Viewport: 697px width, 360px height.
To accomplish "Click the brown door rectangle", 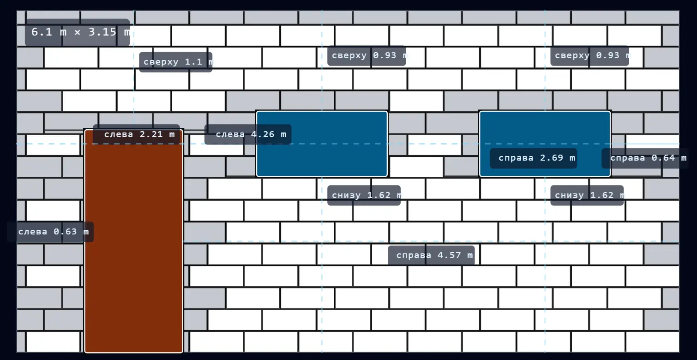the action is click(133, 241).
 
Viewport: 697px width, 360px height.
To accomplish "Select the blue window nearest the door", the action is click(322, 144).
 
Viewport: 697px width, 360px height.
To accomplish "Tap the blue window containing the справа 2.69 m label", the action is click(545, 144).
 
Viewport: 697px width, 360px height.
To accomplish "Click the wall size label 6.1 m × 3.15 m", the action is click(78, 32).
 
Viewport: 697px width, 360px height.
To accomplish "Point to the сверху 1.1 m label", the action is click(176, 62).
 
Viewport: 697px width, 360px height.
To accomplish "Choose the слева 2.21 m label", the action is click(136, 134).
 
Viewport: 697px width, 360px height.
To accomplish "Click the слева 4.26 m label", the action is click(248, 134).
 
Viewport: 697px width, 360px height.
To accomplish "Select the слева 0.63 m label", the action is click(50, 232).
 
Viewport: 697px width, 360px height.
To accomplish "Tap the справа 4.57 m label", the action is click(431, 255).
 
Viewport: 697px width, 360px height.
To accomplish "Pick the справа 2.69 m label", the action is click(534, 158).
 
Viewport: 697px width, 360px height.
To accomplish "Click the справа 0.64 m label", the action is click(645, 158).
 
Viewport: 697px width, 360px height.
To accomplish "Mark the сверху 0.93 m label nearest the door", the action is click(367, 56).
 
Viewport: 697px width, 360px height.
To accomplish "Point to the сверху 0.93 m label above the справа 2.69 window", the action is click(589, 56).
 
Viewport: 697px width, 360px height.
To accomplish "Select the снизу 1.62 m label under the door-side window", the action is click(364, 195).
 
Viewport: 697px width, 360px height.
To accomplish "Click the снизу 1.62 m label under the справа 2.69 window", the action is click(587, 195).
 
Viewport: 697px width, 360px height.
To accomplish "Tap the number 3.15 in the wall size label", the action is click(102, 32).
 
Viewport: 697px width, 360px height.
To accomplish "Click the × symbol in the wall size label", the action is click(77, 32).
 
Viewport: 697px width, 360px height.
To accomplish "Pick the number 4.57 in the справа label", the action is click(449, 255).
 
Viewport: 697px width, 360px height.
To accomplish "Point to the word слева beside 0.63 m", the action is click(33, 232).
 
